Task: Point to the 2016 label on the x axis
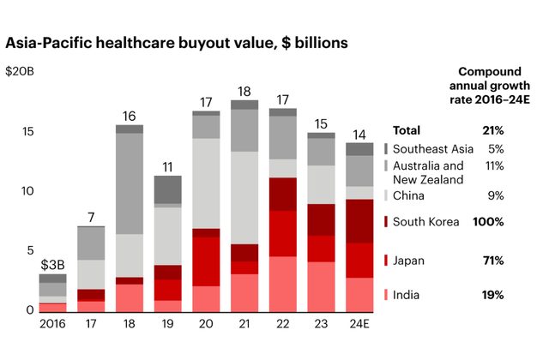tap(52, 325)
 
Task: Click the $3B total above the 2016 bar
tap(52, 264)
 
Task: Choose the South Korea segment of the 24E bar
tap(359, 221)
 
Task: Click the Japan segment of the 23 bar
tap(321, 249)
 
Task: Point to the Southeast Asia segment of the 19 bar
tap(167, 189)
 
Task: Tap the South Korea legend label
tap(428, 222)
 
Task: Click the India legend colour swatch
tap(386, 295)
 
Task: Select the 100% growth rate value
tap(487, 222)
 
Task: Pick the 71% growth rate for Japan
tap(492, 260)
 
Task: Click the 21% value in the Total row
tap(492, 130)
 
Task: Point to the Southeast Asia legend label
tap(433, 148)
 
